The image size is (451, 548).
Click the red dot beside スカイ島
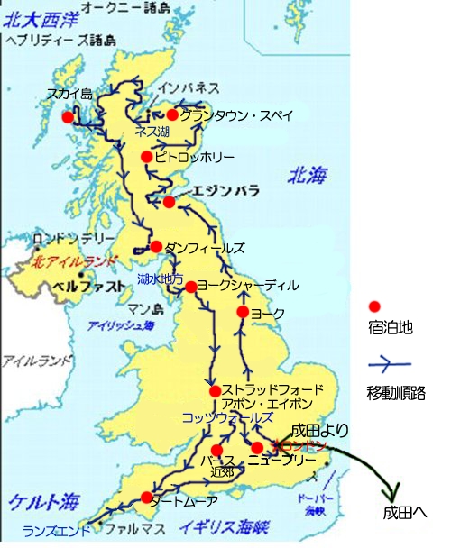click(x=67, y=117)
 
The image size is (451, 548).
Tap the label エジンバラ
click(x=225, y=191)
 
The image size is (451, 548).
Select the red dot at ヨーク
click(x=242, y=312)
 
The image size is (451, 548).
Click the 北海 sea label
click(x=307, y=176)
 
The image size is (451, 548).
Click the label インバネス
click(x=189, y=88)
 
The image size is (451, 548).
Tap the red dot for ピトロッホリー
click(x=147, y=157)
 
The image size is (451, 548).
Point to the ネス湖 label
click(x=152, y=132)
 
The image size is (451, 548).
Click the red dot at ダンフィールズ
click(x=156, y=246)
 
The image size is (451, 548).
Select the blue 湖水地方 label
click(x=161, y=279)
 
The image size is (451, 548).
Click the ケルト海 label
click(x=36, y=501)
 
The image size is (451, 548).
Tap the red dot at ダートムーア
click(x=145, y=498)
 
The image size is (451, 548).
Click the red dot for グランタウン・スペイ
click(x=172, y=114)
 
